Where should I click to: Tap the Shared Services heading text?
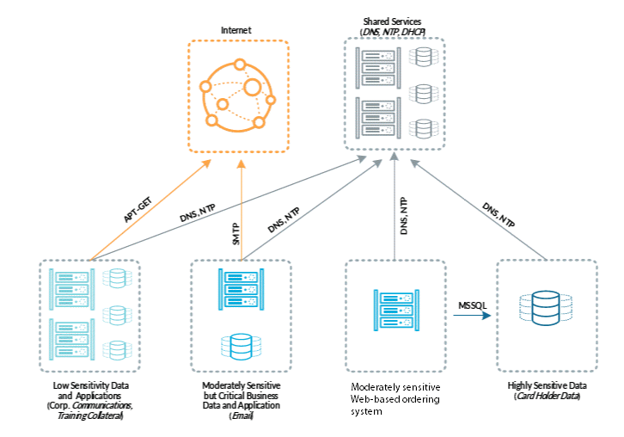pyautogui.click(x=393, y=21)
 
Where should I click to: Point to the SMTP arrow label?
pyautogui.click(x=235, y=236)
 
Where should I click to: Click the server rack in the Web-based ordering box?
pyautogui.click(x=394, y=310)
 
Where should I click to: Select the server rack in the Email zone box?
pyautogui.click(x=239, y=291)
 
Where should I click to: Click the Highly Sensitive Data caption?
pyautogui.click(x=547, y=385)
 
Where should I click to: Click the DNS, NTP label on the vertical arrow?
pyautogui.click(x=403, y=216)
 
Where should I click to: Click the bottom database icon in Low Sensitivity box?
pyautogui.click(x=114, y=349)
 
